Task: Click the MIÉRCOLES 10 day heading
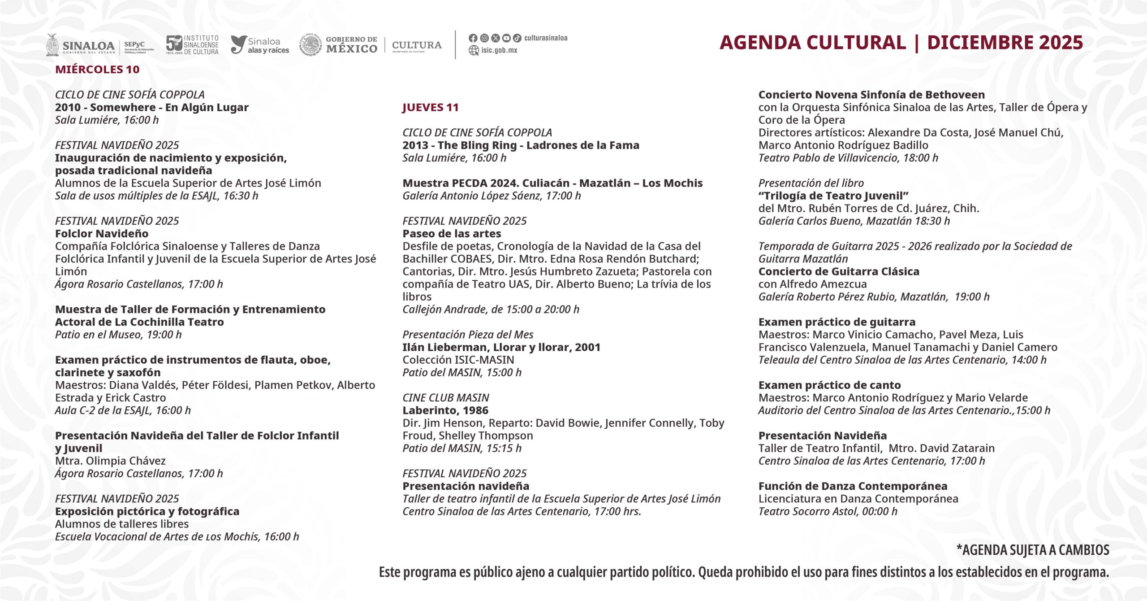pyautogui.click(x=97, y=70)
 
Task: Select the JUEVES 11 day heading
pyautogui.click(x=430, y=108)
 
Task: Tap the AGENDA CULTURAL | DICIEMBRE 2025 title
pyautogui.click(x=901, y=43)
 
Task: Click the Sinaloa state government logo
pyautogui.click(x=81, y=45)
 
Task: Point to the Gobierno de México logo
pyautogui.click(x=339, y=45)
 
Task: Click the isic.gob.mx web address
pyautogui.click(x=499, y=50)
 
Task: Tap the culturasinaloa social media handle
pyautogui.click(x=545, y=38)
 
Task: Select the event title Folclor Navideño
pyautogui.click(x=102, y=234)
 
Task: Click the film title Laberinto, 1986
pyautogui.click(x=445, y=410)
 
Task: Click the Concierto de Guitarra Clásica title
pyautogui.click(x=839, y=271)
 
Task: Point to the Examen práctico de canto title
pyautogui.click(x=829, y=385)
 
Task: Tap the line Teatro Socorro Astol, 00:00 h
pyautogui.click(x=828, y=511)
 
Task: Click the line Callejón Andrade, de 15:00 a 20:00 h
pyautogui.click(x=491, y=309)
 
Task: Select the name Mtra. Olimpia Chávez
pyautogui.click(x=110, y=461)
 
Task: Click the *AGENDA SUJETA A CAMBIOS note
pyautogui.click(x=1033, y=550)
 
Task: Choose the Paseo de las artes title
pyautogui.click(x=452, y=234)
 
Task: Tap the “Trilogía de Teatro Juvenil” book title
pyautogui.click(x=833, y=196)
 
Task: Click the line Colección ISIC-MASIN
pyautogui.click(x=458, y=360)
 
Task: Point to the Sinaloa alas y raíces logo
pyautogui.click(x=260, y=45)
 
